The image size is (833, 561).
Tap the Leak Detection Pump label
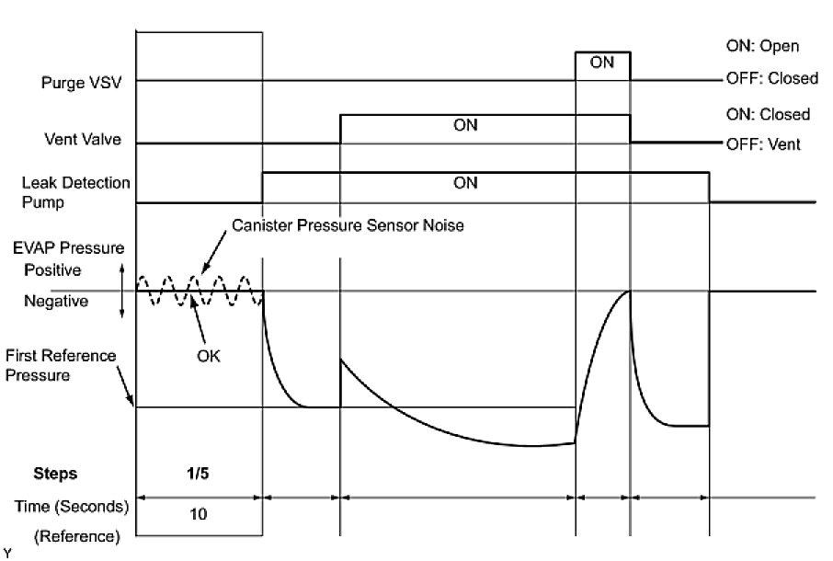[76, 192]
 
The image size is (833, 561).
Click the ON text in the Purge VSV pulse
[602, 63]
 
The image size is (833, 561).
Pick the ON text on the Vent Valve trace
[466, 126]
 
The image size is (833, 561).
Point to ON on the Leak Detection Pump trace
[466, 183]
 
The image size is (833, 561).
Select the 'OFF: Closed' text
[770, 79]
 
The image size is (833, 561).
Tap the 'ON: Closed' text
[768, 115]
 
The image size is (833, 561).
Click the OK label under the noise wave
[209, 355]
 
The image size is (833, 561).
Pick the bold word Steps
[55, 475]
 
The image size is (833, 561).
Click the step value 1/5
[200, 475]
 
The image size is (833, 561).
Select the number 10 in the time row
[200, 515]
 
